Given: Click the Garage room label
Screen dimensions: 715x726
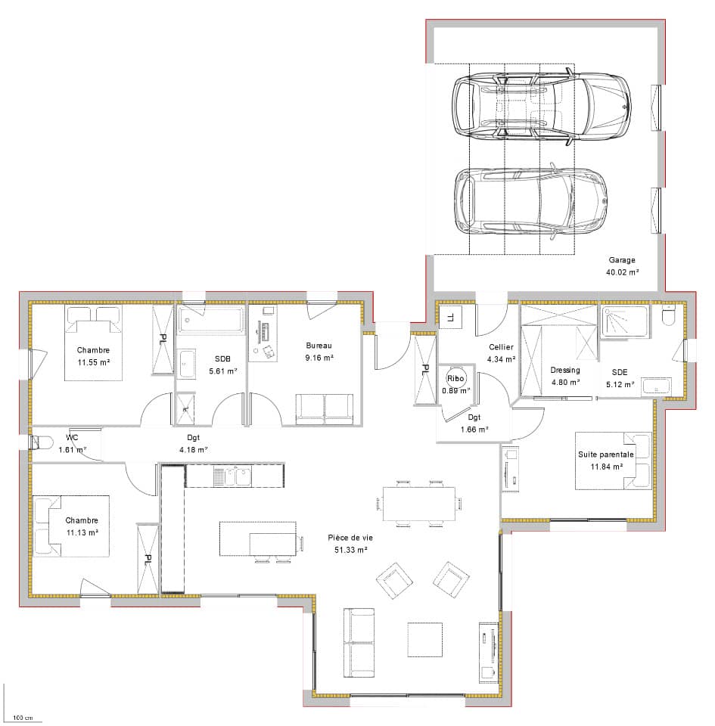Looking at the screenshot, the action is tap(621, 260).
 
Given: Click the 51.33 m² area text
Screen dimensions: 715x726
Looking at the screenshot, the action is tap(350, 550).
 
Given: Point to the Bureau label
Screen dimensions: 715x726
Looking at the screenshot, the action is tap(319, 346).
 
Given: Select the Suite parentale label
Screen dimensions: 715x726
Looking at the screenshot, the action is tap(605, 455).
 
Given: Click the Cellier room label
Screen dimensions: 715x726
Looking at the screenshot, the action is tap(501, 347).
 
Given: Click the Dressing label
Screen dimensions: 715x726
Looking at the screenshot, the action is tap(565, 370).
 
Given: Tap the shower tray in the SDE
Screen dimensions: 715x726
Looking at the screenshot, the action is tap(625, 321).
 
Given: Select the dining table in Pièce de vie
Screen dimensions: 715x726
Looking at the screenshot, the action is tap(418, 504).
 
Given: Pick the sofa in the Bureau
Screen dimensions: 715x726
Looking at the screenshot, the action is tap(324, 408).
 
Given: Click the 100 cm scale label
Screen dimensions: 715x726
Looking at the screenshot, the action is tap(23, 718).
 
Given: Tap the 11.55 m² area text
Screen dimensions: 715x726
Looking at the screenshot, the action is tap(94, 362).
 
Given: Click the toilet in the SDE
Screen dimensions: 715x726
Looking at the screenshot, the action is tap(668, 315).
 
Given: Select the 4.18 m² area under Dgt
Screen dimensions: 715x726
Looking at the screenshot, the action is tap(193, 449).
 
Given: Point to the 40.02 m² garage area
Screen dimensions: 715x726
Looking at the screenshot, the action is tap(622, 272).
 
